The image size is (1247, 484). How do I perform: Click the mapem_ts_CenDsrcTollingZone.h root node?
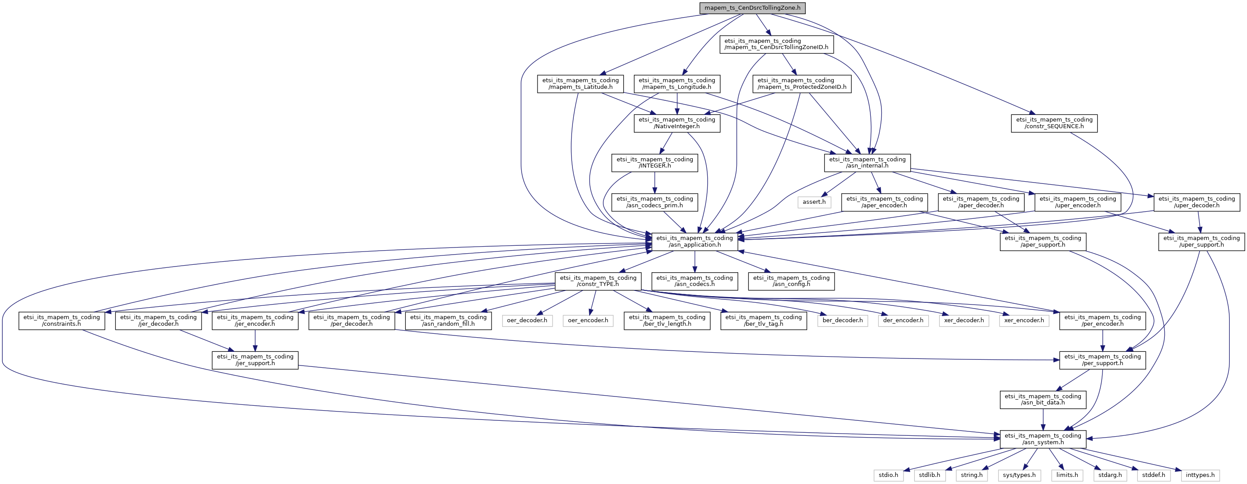[x=752, y=8]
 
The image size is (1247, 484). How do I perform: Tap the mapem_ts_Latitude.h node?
[x=580, y=84]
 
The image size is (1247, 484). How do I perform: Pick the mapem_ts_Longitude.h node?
[x=676, y=84]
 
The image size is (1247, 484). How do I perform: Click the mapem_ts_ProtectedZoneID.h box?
[x=802, y=84]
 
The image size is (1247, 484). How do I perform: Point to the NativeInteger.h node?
[x=676, y=123]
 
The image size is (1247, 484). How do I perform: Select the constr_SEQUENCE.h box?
[x=1054, y=123]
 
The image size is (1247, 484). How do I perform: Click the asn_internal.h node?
[x=867, y=163]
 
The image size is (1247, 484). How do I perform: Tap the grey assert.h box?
[x=814, y=202]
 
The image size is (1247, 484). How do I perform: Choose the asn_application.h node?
[x=694, y=241]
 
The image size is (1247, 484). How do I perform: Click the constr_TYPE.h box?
[x=598, y=281]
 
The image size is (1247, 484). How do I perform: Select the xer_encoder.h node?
[x=1024, y=320]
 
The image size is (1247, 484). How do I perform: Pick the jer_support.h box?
[x=255, y=360]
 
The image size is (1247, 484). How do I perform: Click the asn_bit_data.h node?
[x=1043, y=400]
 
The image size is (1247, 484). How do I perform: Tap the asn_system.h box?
[x=1043, y=439]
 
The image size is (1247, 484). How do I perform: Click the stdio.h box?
[x=889, y=475]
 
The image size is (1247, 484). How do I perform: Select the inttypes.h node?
[x=1200, y=475]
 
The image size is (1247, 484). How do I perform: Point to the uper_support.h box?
[x=1201, y=241]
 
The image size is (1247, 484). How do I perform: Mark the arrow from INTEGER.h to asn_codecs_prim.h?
[x=655, y=183]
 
